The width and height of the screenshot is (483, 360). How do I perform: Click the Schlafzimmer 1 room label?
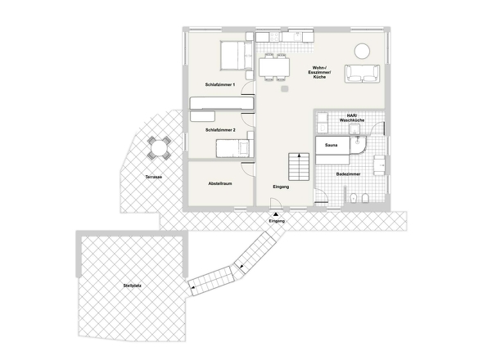click(x=220, y=85)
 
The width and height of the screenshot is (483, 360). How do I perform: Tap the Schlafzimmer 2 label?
click(x=220, y=130)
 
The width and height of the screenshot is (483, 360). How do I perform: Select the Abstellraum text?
click(x=220, y=183)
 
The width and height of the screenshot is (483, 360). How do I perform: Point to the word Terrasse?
click(x=153, y=177)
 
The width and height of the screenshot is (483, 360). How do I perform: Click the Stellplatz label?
click(x=133, y=286)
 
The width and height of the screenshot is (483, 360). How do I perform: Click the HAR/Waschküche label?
click(x=355, y=119)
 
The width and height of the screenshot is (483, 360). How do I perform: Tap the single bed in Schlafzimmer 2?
click(x=232, y=147)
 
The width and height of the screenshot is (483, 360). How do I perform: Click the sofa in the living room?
click(x=360, y=74)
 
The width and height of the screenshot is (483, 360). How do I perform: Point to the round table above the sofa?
click(x=363, y=49)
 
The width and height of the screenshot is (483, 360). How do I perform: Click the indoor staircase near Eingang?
click(x=296, y=168)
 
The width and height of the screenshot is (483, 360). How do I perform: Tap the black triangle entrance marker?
click(x=276, y=214)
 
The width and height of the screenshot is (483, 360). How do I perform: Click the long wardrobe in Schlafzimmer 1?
click(x=220, y=103)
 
